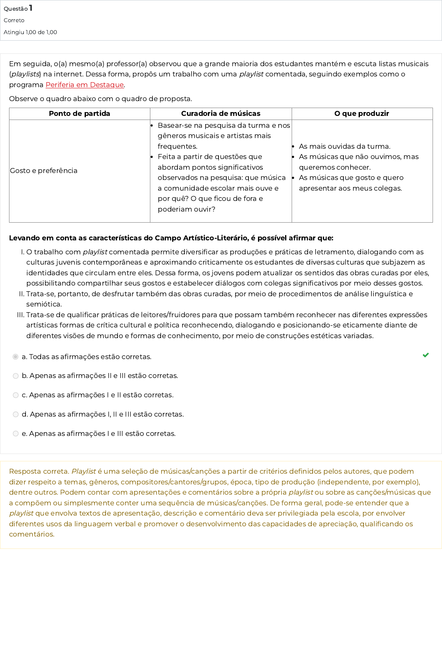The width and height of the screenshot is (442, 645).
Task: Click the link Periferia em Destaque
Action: [85, 85]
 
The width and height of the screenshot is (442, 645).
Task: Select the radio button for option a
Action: [16, 357]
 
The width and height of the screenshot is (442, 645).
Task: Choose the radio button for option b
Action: [16, 376]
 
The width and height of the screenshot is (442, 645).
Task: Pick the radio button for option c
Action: [16, 395]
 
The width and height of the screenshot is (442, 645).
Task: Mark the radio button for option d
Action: [16, 415]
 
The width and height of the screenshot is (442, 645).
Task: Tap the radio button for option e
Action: [16, 433]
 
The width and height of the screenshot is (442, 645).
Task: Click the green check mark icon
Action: [426, 355]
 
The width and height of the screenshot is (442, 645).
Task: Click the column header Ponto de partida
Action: [79, 113]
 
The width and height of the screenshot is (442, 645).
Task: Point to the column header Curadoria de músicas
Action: [221, 113]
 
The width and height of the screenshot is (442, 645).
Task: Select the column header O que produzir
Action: [361, 113]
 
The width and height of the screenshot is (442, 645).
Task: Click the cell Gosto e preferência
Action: [44, 170]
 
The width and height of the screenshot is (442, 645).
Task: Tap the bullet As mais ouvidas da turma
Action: [344, 146]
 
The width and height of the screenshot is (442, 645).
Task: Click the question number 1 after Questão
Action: [31, 8]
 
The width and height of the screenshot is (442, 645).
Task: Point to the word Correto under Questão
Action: [14, 20]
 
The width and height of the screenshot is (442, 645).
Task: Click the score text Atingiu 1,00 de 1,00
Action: [30, 32]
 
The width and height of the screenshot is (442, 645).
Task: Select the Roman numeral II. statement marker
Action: [22, 294]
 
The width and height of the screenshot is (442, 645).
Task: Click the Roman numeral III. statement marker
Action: [21, 315]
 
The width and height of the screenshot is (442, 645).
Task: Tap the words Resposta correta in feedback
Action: [39, 471]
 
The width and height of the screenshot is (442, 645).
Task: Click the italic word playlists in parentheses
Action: [25, 74]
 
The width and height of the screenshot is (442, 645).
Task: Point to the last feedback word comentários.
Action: [31, 534]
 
